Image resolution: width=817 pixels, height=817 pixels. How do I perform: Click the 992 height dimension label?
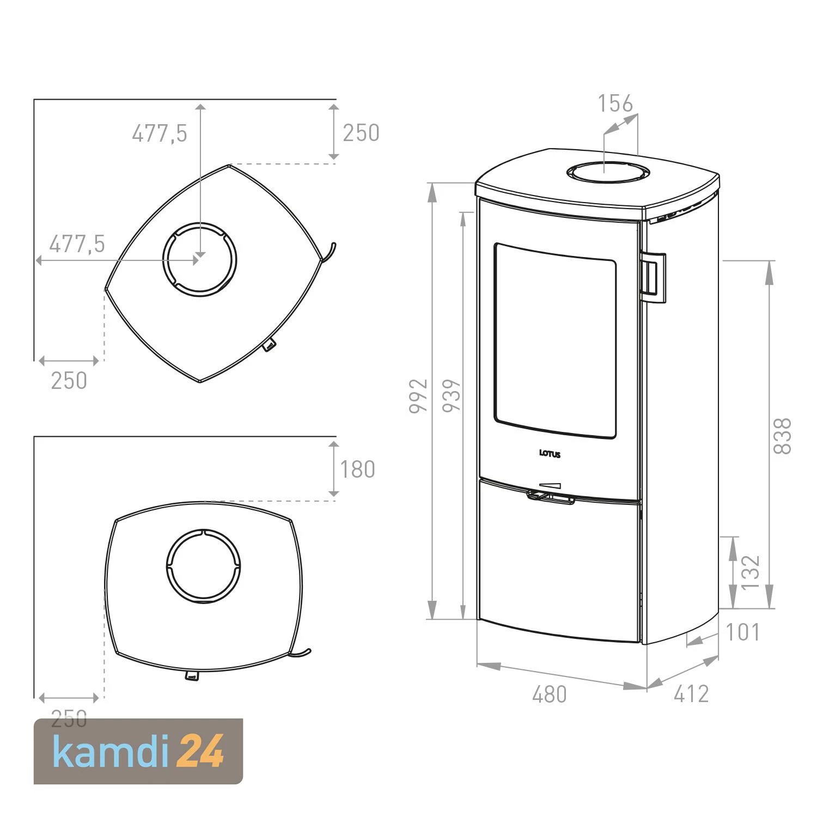(418, 396)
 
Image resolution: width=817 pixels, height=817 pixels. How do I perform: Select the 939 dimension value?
(452, 396)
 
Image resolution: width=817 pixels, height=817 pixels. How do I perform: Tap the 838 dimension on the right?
(782, 436)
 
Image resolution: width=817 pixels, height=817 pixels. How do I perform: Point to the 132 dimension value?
(750, 572)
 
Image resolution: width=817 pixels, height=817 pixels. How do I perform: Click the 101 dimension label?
(742, 632)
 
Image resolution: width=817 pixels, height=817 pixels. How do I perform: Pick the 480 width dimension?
(549, 694)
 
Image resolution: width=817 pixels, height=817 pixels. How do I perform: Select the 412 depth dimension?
(691, 694)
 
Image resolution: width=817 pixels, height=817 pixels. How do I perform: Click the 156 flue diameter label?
(615, 103)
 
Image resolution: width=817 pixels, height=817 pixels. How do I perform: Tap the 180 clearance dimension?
(357, 470)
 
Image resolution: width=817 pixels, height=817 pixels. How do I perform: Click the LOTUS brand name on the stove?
(550, 454)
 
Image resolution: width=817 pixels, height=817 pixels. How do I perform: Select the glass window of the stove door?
(555, 340)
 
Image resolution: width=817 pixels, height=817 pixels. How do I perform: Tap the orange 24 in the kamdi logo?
(200, 752)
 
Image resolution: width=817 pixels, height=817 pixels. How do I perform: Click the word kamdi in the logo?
(111, 752)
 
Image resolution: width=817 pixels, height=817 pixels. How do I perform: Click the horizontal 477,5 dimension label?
(77, 245)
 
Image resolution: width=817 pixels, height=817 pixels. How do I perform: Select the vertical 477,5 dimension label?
(159, 133)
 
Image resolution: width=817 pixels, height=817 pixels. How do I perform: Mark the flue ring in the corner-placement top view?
(199, 259)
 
